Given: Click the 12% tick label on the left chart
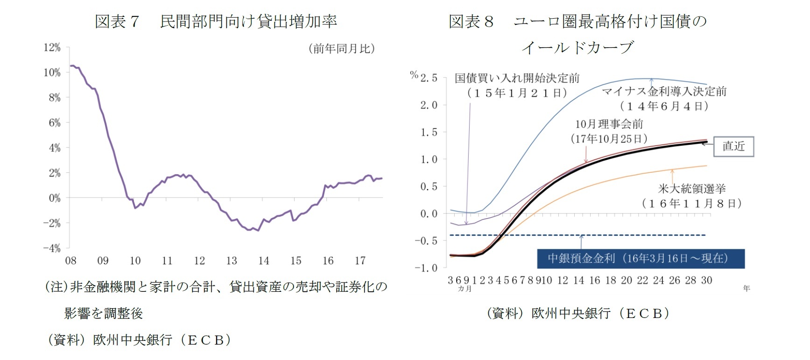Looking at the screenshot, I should pos(52,48).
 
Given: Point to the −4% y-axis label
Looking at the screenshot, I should pos(52,248).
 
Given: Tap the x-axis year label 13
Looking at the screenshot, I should pos(232,261).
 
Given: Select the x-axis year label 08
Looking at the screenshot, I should pos(70,261).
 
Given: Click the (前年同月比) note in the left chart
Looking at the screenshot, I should pos(342,49).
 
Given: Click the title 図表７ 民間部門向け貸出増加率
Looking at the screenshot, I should pos(215,21).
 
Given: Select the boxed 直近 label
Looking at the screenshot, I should pos(733,147).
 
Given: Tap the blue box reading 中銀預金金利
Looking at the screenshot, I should pos(641,259).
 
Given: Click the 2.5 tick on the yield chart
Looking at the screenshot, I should pos(429,78).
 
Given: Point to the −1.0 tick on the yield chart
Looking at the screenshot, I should pos(426,268).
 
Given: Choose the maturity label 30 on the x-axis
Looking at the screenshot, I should pos(706,281).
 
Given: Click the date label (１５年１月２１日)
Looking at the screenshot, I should pos(517,93).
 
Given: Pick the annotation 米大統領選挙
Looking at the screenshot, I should pos(691,189).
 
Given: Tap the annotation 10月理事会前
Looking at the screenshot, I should pos(609,124).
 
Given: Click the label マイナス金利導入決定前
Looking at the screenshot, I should pos(664,92).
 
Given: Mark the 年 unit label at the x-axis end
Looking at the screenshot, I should pos(747,289).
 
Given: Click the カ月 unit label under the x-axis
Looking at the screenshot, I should pos(465,289).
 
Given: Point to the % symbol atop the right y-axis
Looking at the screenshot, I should pos(414,75).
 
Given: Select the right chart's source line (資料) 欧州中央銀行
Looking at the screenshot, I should pos(578,313).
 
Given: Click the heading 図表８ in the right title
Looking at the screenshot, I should pos(471,21).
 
